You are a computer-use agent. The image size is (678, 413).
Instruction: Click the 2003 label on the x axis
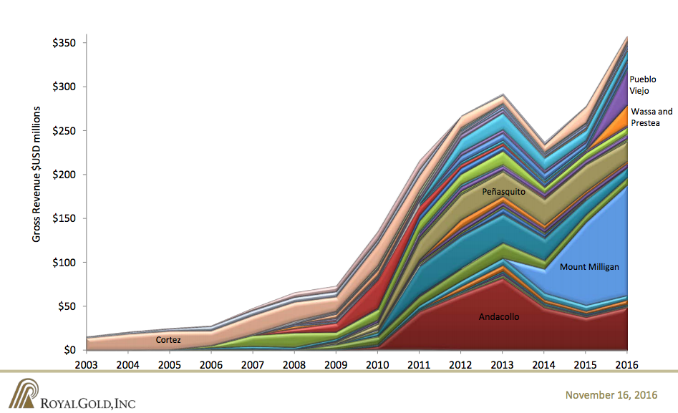88,364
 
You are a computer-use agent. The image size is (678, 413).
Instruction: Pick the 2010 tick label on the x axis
379,364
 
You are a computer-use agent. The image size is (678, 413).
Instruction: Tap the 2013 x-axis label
503,364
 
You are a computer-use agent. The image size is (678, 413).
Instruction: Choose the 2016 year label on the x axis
627,364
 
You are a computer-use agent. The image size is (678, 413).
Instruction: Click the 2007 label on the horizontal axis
254,364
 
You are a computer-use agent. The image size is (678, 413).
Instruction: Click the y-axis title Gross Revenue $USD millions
37,174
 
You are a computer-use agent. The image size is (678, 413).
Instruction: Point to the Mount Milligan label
589,267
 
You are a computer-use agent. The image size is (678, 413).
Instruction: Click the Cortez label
168,340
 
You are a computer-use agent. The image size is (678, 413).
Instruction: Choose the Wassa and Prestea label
652,117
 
